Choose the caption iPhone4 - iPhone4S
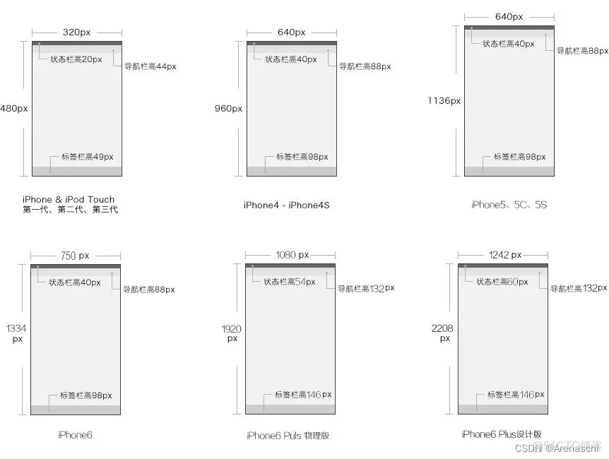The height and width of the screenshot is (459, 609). (286, 205)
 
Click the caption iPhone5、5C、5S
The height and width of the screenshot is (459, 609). (509, 205)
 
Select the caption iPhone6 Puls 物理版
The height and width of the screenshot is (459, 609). (288, 436)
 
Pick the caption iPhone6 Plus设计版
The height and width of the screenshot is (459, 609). (502, 434)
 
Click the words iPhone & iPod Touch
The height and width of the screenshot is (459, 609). (69, 200)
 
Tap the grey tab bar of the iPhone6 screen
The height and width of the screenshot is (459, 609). (76, 410)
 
